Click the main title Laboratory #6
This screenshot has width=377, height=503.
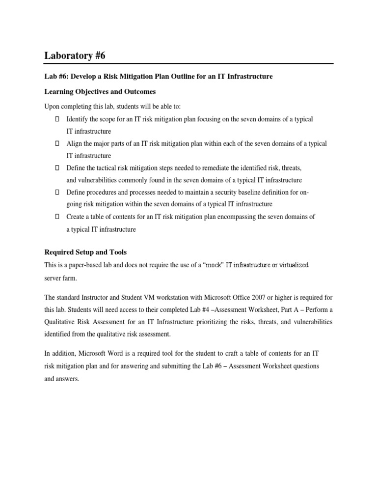pos(75,56)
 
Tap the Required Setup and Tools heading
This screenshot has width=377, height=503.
pos(85,252)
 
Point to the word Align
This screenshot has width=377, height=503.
pos(74,143)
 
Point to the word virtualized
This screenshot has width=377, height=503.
pos(292,265)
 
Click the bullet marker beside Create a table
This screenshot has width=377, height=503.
pos(57,217)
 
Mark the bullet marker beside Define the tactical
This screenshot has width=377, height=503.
pos(57,168)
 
